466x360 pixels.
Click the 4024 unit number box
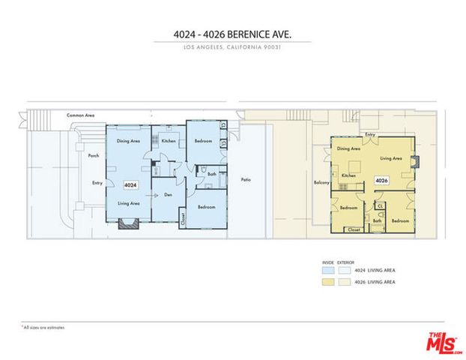(130, 184)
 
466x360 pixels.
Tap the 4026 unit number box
(381, 180)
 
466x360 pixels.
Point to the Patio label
(246, 180)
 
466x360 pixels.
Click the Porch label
(94, 156)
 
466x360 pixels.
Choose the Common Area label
(80, 115)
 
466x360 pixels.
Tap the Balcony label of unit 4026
(322, 182)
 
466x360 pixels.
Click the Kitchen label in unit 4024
(169, 140)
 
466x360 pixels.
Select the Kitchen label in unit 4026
(348, 175)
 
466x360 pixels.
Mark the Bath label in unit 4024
(212, 173)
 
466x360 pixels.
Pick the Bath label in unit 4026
(378, 220)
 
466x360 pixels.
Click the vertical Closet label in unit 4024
(183, 217)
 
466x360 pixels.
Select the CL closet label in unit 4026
(379, 205)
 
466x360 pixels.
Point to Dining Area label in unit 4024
(129, 140)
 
